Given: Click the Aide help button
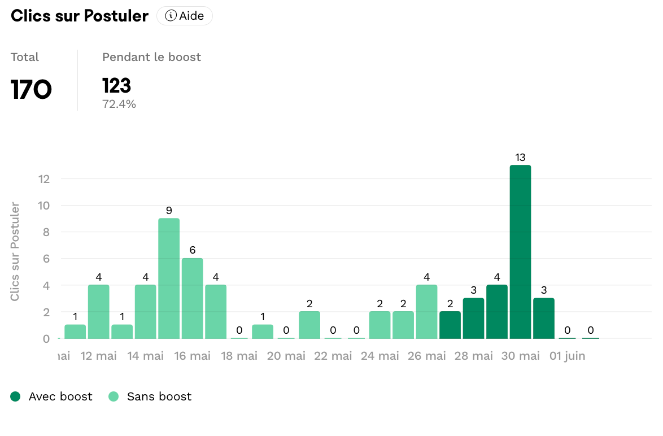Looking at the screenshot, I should (185, 16).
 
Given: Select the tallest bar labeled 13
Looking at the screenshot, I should (520, 251).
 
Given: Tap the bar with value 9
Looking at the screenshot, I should (169, 278).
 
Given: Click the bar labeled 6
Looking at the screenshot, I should (192, 298).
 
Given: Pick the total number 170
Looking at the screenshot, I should (31, 89).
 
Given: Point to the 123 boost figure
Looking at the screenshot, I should (116, 86).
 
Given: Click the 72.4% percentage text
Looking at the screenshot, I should (119, 104).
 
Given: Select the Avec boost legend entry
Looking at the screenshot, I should (51, 396).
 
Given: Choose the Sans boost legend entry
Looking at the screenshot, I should (150, 396).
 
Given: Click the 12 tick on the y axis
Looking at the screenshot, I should (44, 179).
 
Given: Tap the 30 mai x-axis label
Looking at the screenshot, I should (521, 356).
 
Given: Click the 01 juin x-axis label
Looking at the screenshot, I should (567, 356).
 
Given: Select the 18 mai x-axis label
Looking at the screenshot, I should (239, 356).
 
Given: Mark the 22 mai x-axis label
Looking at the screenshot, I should (333, 356).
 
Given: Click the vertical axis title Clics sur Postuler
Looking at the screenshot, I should (15, 251).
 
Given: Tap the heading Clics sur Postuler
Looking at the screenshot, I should (80, 16).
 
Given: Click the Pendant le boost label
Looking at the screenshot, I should (151, 57).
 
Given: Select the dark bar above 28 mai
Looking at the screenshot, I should (473, 318).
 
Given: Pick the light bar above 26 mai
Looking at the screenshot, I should (426, 311).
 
